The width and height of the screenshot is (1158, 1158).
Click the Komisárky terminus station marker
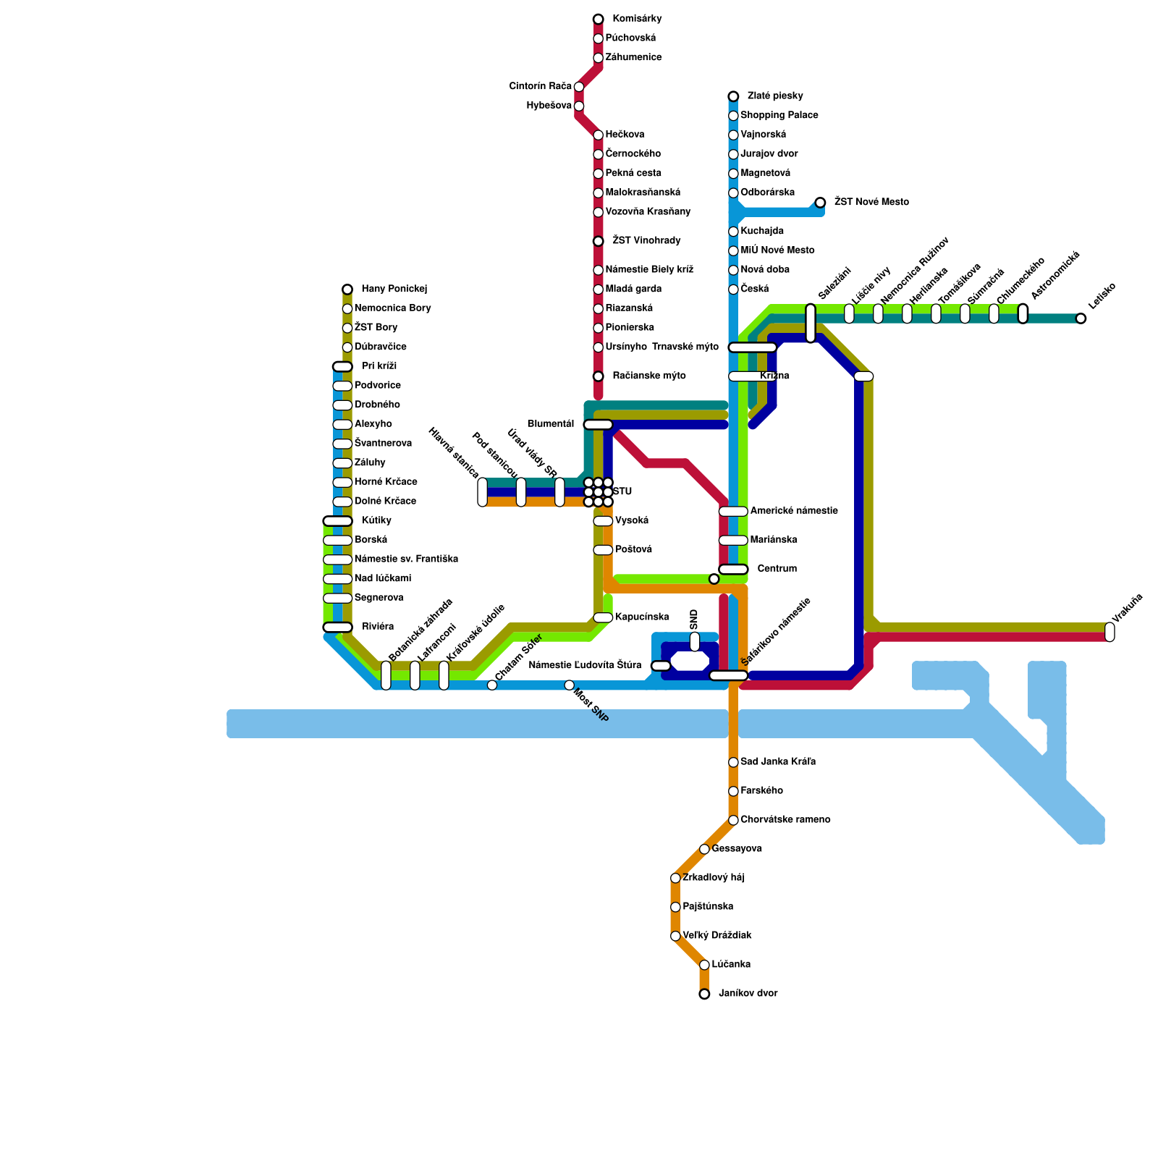coord(598,19)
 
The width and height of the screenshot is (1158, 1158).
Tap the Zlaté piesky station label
coord(774,96)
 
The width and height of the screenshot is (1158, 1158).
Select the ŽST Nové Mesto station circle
coord(820,203)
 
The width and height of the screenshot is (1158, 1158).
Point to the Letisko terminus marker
coord(1081,318)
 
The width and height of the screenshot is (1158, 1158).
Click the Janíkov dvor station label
coord(748,994)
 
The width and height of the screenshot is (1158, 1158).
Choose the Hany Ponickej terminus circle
coord(347,289)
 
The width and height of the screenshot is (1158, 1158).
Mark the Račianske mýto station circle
coord(598,376)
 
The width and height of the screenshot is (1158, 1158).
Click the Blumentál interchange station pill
coord(598,425)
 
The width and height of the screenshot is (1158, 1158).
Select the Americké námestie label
coord(794,511)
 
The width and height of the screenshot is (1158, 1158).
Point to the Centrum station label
coord(777,569)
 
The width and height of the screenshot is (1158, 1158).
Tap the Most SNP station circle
coord(569,685)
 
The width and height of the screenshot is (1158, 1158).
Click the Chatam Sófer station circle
coord(492,685)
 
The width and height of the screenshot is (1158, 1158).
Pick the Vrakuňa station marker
coord(1110,632)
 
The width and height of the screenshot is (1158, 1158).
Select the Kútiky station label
coord(376,521)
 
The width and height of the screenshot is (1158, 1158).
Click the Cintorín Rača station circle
coord(579,87)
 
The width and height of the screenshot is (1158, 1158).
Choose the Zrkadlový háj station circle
coord(675,878)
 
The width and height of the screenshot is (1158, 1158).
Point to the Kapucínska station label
coord(641,617)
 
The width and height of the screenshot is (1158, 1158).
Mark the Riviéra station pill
coord(337,627)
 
